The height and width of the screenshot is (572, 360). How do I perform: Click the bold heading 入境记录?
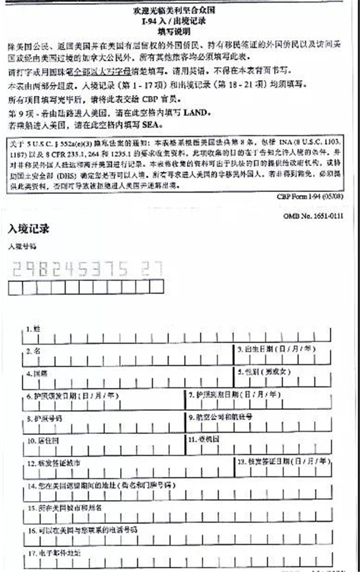(x=29, y=229)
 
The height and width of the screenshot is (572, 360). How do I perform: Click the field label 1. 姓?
(x=33, y=329)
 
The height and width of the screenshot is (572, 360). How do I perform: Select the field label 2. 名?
(x=33, y=350)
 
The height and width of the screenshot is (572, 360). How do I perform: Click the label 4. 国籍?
(x=37, y=373)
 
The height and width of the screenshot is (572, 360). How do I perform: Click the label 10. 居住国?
(x=40, y=440)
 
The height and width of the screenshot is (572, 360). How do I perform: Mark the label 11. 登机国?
(x=204, y=439)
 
